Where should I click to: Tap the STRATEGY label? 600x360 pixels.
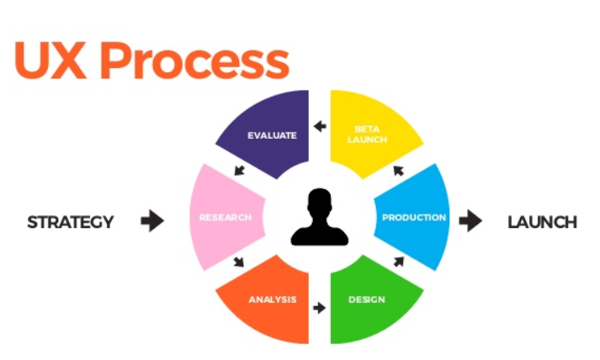pos(71,222)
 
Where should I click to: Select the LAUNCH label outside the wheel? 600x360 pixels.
pos(542,222)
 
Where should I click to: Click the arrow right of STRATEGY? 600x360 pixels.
pos(152,221)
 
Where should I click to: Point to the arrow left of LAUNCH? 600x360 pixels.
pos(471,221)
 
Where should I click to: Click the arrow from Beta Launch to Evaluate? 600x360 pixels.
pos(319,127)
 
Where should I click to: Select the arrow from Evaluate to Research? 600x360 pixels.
pos(239,171)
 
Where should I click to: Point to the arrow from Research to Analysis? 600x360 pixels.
pos(239,262)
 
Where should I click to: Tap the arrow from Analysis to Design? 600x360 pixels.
pos(319,308)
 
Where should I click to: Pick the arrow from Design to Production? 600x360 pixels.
pos(398,262)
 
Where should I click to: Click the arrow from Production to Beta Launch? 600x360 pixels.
pos(398,171)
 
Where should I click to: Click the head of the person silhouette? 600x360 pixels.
pos(320,202)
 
